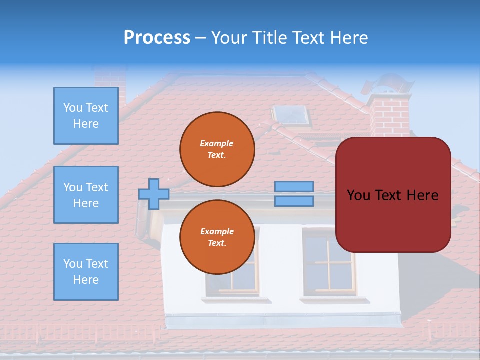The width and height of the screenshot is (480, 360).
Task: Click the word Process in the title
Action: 157,38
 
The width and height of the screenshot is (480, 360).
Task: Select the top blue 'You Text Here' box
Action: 86,116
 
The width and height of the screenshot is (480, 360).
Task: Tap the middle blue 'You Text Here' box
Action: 86,195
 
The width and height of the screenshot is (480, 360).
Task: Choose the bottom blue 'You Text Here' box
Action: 86,272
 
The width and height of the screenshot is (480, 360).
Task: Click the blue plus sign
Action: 154,194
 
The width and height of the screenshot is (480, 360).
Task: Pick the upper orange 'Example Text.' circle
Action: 217,149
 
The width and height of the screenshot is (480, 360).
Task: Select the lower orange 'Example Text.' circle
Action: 217,237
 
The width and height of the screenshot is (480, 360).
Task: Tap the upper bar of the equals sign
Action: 294,186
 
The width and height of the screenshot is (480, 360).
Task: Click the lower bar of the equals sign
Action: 294,201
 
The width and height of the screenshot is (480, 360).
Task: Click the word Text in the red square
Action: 392,195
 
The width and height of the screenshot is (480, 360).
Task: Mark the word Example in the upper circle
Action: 216,143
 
